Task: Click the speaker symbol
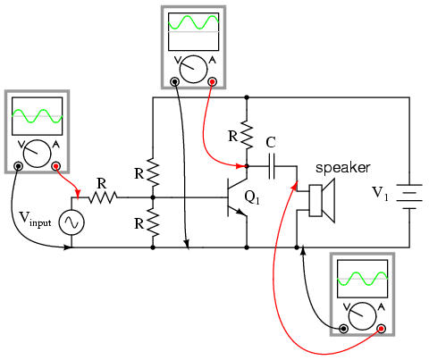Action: click(x=323, y=200)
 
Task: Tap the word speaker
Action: click(x=343, y=168)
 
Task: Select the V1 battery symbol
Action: click(x=409, y=197)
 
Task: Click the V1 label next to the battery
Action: click(x=381, y=193)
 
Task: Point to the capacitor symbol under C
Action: click(x=272, y=166)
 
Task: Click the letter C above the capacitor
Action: click(x=271, y=143)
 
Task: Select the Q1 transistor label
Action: click(x=252, y=197)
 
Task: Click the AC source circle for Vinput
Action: click(x=71, y=222)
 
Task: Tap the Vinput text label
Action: click(x=35, y=220)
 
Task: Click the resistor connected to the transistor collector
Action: click(x=247, y=134)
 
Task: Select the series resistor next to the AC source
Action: click(x=102, y=197)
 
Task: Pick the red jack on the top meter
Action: click(x=212, y=81)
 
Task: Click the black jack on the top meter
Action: click(x=174, y=81)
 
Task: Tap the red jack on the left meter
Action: click(x=55, y=166)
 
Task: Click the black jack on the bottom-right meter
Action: click(x=344, y=329)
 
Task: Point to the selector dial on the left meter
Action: click(x=38, y=154)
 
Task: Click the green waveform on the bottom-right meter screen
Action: click(x=363, y=279)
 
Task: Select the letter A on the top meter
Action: click(x=212, y=61)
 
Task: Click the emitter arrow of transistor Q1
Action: click(x=241, y=212)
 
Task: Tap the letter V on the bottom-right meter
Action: click(x=347, y=306)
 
